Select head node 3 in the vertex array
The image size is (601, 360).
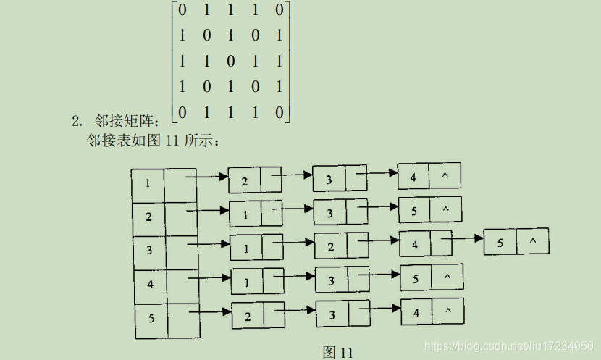[x=149, y=251]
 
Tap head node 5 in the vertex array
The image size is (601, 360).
[x=151, y=317]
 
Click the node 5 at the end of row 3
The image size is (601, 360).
[x=500, y=242]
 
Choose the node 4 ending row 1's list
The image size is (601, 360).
[x=413, y=176]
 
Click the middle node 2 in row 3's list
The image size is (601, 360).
[x=330, y=247]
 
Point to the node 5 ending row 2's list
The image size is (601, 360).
[x=414, y=210]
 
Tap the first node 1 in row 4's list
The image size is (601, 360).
[x=247, y=281]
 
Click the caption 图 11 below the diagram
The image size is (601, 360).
[x=338, y=353]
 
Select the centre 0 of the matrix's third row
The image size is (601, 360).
[x=230, y=60]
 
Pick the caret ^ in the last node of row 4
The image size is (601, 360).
[x=447, y=277]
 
